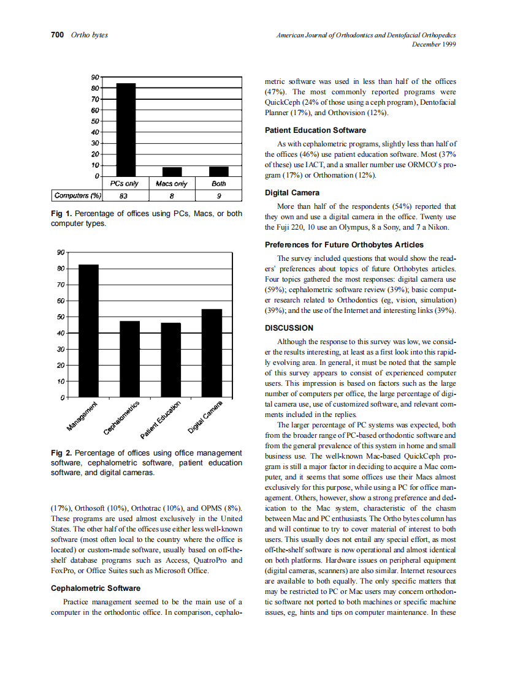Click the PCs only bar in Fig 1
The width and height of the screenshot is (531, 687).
[x=126, y=130]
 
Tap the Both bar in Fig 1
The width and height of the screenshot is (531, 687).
[x=218, y=171]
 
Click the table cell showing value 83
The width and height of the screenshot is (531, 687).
[x=125, y=196]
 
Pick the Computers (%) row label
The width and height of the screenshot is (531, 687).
[x=77, y=196]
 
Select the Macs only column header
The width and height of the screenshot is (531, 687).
[x=172, y=184]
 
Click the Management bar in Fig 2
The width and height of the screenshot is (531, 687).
[x=88, y=331]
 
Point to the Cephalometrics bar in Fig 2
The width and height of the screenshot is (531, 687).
[x=129, y=359]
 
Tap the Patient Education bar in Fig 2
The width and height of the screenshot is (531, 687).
[x=170, y=360]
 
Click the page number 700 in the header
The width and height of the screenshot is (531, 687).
[x=57, y=35]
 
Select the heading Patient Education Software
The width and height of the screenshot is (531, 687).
[x=315, y=130]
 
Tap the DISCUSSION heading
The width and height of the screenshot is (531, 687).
[x=289, y=328]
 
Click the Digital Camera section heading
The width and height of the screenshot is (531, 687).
[x=292, y=193]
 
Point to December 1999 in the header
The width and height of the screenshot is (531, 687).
[x=434, y=44]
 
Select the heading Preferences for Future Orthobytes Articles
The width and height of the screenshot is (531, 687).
[x=344, y=245]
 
